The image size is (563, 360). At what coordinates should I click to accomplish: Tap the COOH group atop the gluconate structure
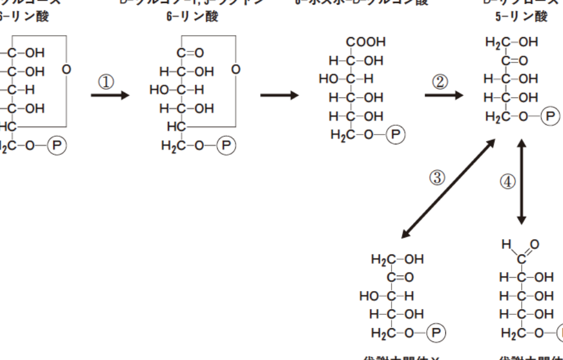click(366, 43)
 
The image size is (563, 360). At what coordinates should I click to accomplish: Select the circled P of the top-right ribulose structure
click(550, 115)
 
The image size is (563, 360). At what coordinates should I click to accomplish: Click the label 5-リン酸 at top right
click(524, 17)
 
